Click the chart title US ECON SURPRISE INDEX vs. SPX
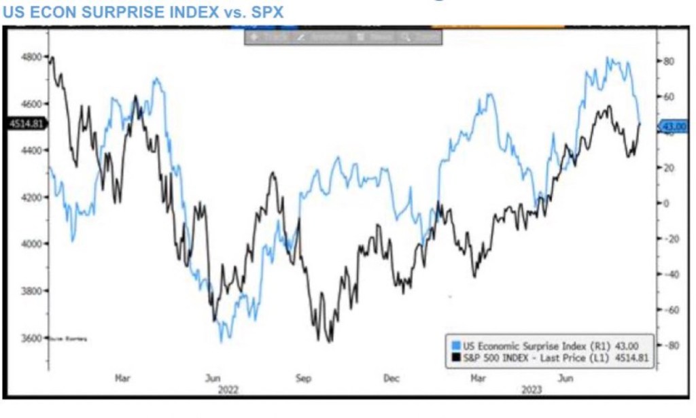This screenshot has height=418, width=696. coord(143,12)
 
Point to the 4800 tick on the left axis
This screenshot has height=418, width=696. coord(32,56)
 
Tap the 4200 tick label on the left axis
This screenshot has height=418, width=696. coord(32,197)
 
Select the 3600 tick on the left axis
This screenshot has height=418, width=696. coord(32,338)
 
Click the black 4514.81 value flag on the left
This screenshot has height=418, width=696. coord(25,123)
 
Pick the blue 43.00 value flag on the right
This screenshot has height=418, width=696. coord(675,126)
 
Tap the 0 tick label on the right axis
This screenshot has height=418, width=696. coord(667,203)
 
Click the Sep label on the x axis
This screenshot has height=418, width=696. coord(304,378)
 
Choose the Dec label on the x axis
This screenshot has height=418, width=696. coord(392,378)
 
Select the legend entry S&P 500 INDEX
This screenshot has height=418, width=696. coord(517,356)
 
